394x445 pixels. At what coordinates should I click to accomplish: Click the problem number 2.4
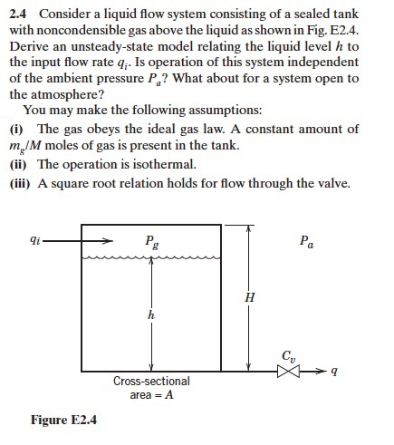click(x=18, y=14)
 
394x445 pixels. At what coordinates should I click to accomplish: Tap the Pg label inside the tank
click(x=149, y=242)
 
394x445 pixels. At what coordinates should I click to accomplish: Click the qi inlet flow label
click(x=34, y=242)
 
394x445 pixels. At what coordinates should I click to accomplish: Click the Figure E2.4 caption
click(x=63, y=420)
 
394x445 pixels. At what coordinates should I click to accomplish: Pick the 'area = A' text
click(x=151, y=394)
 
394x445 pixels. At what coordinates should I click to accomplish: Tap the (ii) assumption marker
click(x=18, y=164)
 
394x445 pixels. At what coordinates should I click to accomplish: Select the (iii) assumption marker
click(x=20, y=181)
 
